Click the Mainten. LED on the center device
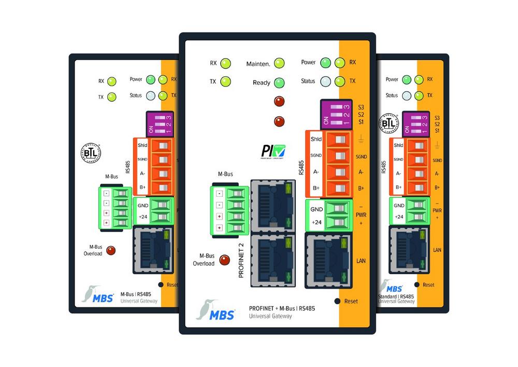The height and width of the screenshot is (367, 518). [280, 64]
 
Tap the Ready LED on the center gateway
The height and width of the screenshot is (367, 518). [279, 82]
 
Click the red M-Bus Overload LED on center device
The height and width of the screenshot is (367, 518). [224, 260]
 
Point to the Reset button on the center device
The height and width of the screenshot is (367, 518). [338, 301]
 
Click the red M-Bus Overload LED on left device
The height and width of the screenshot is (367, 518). [110, 250]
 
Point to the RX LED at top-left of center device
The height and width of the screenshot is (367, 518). [225, 64]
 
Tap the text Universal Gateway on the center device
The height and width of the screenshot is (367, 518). [270, 316]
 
